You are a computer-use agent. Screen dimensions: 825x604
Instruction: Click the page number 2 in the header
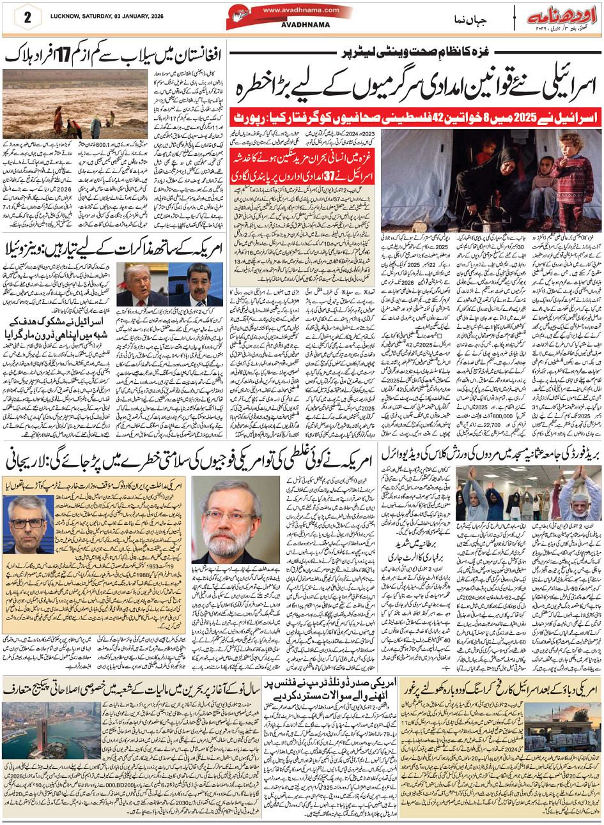(x=27, y=17)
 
